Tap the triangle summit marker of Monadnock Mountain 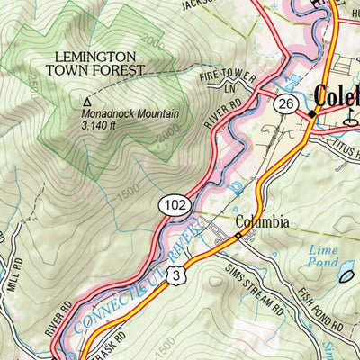[87, 102]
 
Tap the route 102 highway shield [174, 206]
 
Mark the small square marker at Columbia [238, 236]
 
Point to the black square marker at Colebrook [312, 114]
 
